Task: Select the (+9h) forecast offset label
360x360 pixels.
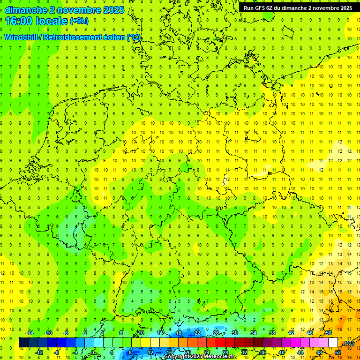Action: tap(78, 21)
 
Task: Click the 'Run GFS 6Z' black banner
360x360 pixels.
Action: tap(298, 8)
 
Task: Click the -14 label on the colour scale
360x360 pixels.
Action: tap(30, 333)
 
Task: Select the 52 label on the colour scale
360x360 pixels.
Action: tap(338, 352)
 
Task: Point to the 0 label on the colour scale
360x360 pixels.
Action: tap(93, 352)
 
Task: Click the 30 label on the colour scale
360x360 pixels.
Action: tap(234, 333)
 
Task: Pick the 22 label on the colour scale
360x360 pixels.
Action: tap(197, 333)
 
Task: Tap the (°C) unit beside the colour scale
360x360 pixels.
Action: tap(349, 343)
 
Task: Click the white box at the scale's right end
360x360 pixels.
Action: tap(333, 343)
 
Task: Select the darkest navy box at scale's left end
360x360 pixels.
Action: tap(23, 343)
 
